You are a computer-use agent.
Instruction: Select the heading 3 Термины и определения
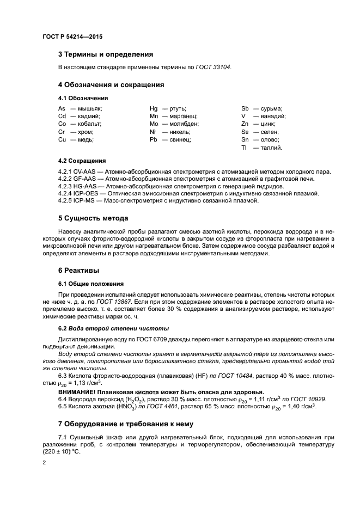[106, 54]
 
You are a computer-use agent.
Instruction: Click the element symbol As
[62, 108]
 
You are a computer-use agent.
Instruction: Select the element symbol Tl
[245, 148]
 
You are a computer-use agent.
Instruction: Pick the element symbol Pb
[154, 139]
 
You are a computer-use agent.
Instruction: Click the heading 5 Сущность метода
[93, 218]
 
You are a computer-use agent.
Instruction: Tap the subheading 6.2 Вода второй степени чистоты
[113, 328]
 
